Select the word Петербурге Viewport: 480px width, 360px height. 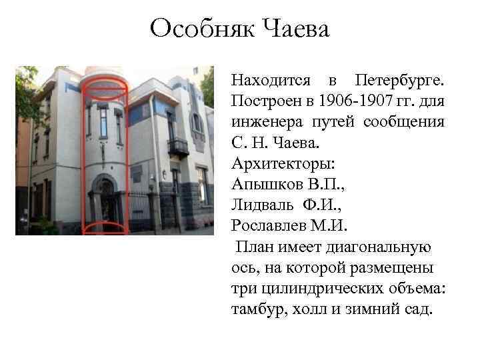pos(400,81)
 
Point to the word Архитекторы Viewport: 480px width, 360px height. pos(275,165)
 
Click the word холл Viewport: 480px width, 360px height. pos(311,310)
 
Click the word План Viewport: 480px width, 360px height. pos(253,247)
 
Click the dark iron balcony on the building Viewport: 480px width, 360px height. pos(177,146)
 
